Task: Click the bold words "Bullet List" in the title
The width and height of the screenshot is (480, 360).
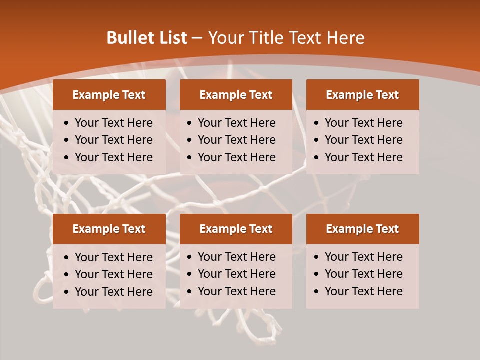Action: [147, 38]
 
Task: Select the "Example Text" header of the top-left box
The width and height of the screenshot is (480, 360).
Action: [109, 95]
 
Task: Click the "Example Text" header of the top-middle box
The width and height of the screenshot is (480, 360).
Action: [236, 95]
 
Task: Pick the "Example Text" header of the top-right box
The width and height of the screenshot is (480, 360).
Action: [362, 95]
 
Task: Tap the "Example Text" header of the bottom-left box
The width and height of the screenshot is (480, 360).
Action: [109, 229]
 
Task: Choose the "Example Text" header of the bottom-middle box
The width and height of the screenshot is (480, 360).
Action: [236, 229]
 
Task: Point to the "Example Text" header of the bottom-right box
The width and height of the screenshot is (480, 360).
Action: [362, 229]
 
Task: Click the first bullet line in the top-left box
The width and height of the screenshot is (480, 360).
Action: [113, 123]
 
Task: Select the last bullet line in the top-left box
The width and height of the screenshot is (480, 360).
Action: [113, 157]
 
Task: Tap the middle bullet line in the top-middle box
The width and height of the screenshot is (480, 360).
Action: [236, 140]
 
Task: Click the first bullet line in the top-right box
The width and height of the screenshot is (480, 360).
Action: [363, 123]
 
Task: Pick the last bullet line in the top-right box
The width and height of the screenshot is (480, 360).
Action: [363, 157]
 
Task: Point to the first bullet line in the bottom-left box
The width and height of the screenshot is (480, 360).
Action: [113, 257]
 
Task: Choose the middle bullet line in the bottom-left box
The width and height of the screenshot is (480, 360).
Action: [113, 274]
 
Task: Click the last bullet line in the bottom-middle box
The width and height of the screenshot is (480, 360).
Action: [236, 291]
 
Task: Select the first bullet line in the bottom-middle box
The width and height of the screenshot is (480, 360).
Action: [236, 257]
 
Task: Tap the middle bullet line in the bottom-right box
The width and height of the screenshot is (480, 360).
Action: [363, 274]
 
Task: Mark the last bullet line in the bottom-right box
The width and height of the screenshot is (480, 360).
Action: [363, 291]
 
